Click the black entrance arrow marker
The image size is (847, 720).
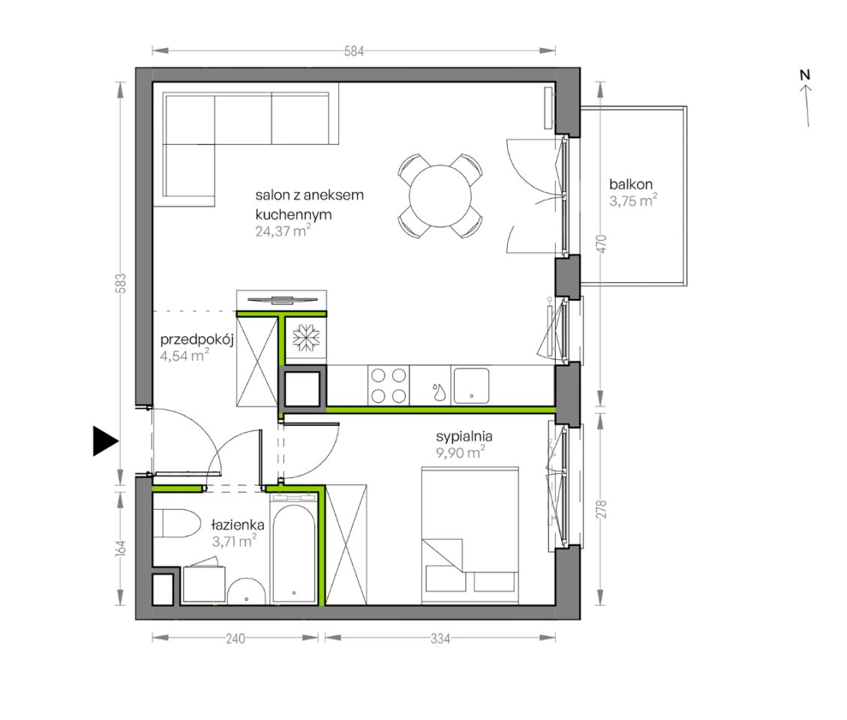104,441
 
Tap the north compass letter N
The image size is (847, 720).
805,75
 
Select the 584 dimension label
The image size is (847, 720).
354,51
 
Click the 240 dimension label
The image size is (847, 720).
235,638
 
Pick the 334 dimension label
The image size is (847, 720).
440,638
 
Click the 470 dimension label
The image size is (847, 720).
602,244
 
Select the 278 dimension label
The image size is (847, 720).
602,509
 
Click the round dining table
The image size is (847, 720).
440,196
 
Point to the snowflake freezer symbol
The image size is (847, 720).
306,337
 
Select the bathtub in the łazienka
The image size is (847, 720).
293,553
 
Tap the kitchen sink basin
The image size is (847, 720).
471,385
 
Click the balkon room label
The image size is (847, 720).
630,184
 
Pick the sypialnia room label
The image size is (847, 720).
464,436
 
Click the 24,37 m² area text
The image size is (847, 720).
283,231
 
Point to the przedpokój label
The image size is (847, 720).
197,340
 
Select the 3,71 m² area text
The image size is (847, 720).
233,541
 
